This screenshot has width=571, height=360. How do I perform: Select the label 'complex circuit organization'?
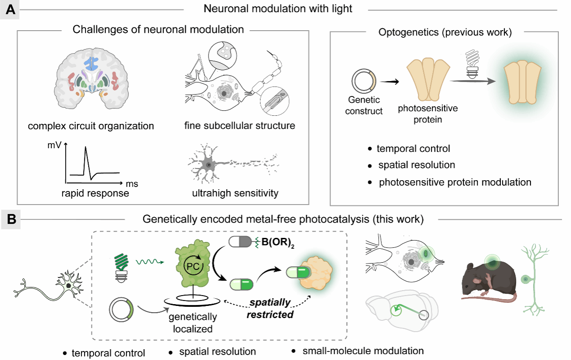click(91, 126)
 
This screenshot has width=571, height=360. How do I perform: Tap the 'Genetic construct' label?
click(364, 105)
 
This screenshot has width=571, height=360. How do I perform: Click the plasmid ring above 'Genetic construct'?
click(363, 80)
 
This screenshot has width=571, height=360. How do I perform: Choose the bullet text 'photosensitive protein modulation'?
click(455, 182)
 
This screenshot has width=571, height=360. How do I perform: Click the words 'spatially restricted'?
click(270, 309)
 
